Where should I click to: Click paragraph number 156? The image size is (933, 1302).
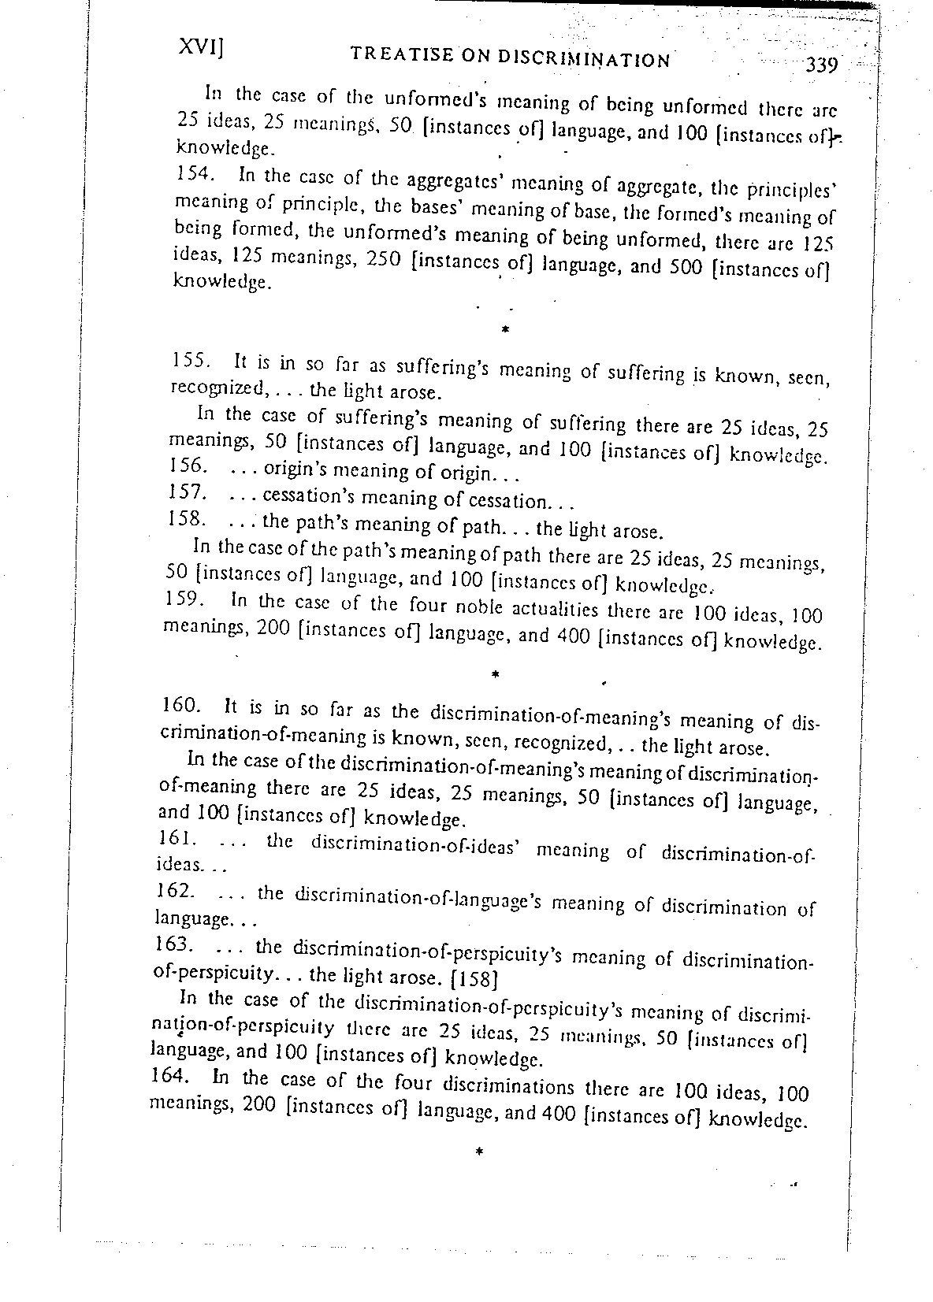(x=188, y=466)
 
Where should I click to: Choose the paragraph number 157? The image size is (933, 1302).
(x=188, y=493)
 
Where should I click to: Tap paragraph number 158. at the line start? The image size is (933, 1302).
(x=187, y=519)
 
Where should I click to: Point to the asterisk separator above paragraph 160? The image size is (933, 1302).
(x=494, y=674)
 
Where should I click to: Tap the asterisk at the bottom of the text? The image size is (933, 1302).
(x=478, y=1152)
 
